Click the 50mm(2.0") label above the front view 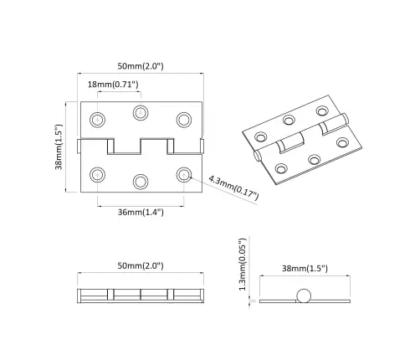point(140,64)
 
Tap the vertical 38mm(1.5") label point(59,147)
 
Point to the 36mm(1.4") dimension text point(141,212)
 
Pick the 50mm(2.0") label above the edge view point(140,265)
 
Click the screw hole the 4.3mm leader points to point(183,174)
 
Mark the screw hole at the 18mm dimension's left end point(98,119)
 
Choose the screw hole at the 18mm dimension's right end point(140,112)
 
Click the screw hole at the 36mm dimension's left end point(98,174)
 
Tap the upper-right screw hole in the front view point(183,119)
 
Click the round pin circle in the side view point(304,296)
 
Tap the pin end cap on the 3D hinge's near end point(256,156)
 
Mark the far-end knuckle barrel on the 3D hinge point(330,123)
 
